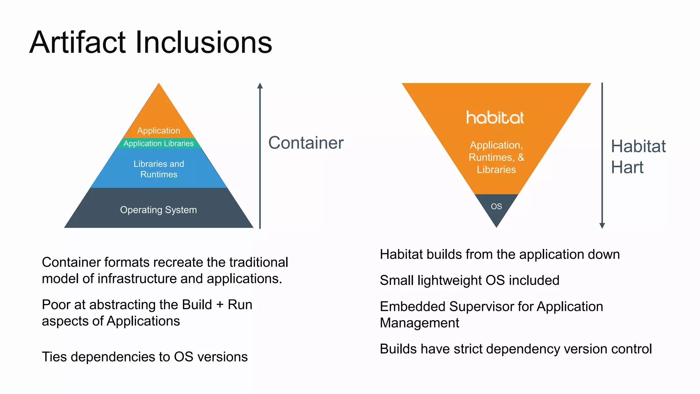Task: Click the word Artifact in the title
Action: point(78,43)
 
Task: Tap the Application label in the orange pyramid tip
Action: point(159,131)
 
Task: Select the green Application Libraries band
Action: point(159,143)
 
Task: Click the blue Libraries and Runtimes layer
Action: point(159,169)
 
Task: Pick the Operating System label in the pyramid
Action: point(158,210)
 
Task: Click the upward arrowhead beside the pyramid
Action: point(260,86)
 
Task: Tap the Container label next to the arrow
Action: point(306,143)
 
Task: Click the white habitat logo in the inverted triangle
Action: point(495,117)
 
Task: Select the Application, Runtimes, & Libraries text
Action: point(496,157)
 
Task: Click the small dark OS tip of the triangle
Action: point(496,207)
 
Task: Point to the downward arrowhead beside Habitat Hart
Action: point(602,225)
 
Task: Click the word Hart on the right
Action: point(627,168)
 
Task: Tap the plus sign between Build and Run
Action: point(220,305)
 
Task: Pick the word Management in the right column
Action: point(419,323)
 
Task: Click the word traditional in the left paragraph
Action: point(258,262)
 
